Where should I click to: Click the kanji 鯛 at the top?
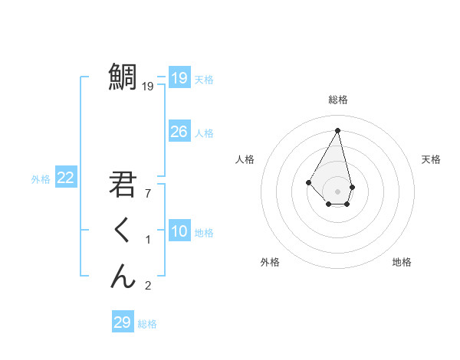pyautogui.click(x=123, y=77)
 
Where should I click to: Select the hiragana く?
pyautogui.click(x=123, y=231)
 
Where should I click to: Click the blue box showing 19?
pyautogui.click(x=179, y=78)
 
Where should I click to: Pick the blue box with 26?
pyautogui.click(x=179, y=132)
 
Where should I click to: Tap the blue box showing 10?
pyautogui.click(x=179, y=231)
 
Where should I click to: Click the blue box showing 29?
pyautogui.click(x=122, y=322)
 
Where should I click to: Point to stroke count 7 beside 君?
pyautogui.click(x=148, y=194)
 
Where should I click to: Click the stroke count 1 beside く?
pyautogui.click(x=148, y=241)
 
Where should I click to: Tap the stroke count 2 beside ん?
pyautogui.click(x=148, y=286)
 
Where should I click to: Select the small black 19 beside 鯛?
pyautogui.click(x=148, y=87)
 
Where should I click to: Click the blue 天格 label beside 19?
pyautogui.click(x=204, y=80)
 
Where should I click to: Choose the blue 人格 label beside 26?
pyautogui.click(x=204, y=133)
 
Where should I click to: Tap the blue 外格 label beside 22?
pyautogui.click(x=41, y=179)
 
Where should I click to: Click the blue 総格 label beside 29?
pyautogui.click(x=147, y=324)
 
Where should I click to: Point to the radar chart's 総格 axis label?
pyautogui.click(x=338, y=100)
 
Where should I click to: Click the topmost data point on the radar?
pyautogui.click(x=338, y=130)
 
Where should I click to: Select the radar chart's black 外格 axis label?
pyautogui.click(x=270, y=262)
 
